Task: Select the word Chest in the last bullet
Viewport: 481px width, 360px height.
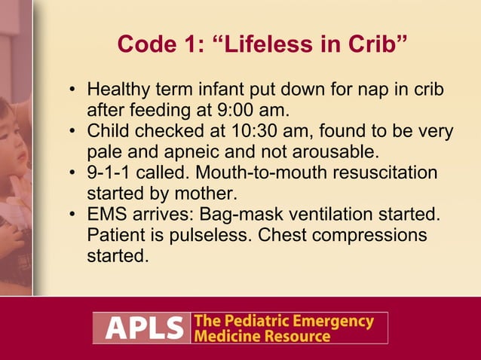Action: pyautogui.click(x=283, y=235)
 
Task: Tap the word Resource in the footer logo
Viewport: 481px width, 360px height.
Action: pyautogui.click(x=299, y=336)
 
